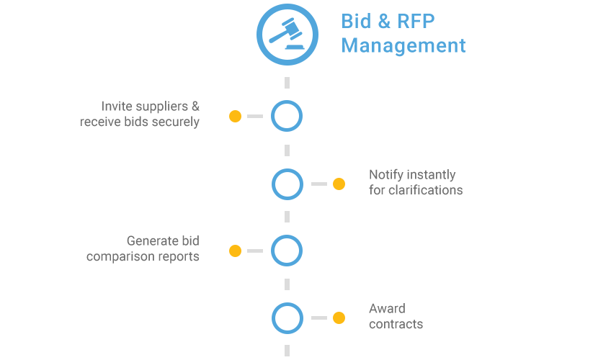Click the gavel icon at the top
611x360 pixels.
287,34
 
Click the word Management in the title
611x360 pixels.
403,46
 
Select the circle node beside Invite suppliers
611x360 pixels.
287,116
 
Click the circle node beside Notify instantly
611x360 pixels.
287,184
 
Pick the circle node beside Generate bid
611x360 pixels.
287,251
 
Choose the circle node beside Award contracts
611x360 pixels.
287,318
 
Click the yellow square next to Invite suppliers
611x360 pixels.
235,116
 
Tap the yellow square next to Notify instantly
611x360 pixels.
339,184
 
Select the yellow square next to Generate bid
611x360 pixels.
235,251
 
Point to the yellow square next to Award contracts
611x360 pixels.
339,318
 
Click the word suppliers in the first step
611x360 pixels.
163,107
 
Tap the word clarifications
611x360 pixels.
424,190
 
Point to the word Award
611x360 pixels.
387,309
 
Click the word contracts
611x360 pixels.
396,324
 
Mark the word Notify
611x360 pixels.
386,175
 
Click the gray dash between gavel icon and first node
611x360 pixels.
287,82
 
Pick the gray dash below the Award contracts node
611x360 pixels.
287,350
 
